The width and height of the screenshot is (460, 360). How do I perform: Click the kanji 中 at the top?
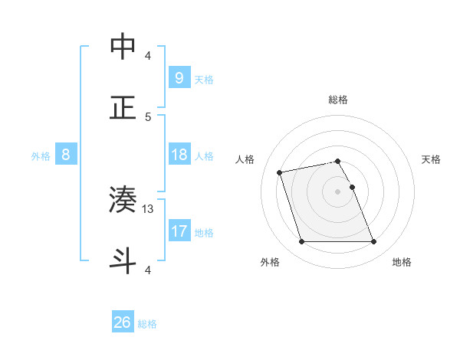point(123,46)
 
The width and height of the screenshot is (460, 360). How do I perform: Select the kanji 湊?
point(123,199)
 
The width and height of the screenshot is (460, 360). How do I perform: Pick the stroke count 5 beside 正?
point(148,116)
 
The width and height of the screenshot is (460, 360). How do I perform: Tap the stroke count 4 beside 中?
point(148,56)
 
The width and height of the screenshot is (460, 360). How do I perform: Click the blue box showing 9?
point(179,77)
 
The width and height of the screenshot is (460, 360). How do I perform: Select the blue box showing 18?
point(179,155)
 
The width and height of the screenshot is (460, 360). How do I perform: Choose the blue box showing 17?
point(179,231)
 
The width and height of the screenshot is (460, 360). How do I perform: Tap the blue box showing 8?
point(65,155)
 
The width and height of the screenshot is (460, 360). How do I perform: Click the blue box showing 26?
point(123,322)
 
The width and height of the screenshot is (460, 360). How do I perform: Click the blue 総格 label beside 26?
point(147,324)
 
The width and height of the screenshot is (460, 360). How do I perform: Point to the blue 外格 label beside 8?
point(41,156)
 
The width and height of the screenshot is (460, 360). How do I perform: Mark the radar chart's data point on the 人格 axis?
point(280,172)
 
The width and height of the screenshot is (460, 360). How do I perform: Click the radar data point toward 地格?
point(373,242)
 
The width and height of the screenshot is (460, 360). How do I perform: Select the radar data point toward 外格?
point(301,242)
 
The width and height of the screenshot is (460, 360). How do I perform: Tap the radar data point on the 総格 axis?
point(337,161)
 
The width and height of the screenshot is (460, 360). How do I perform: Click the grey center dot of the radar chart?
point(337,191)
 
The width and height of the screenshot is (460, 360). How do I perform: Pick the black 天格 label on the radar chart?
point(431,159)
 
